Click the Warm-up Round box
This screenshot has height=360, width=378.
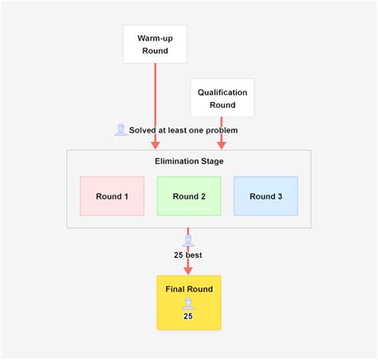(x=155, y=44)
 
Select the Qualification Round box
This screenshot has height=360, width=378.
(x=222, y=98)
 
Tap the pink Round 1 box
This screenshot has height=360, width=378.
(x=112, y=196)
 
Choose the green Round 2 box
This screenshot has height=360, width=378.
(x=189, y=196)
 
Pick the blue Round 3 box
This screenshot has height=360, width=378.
(x=266, y=196)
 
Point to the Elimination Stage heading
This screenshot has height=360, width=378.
(x=189, y=161)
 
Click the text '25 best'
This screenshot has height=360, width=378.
(x=188, y=255)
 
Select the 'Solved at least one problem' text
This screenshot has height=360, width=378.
(x=183, y=130)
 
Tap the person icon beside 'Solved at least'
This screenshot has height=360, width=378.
(x=120, y=129)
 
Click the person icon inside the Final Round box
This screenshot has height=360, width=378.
(x=188, y=303)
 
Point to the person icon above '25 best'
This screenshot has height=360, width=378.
(x=188, y=240)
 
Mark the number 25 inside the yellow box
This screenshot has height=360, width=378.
(x=188, y=316)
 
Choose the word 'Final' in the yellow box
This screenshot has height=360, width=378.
(x=176, y=289)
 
